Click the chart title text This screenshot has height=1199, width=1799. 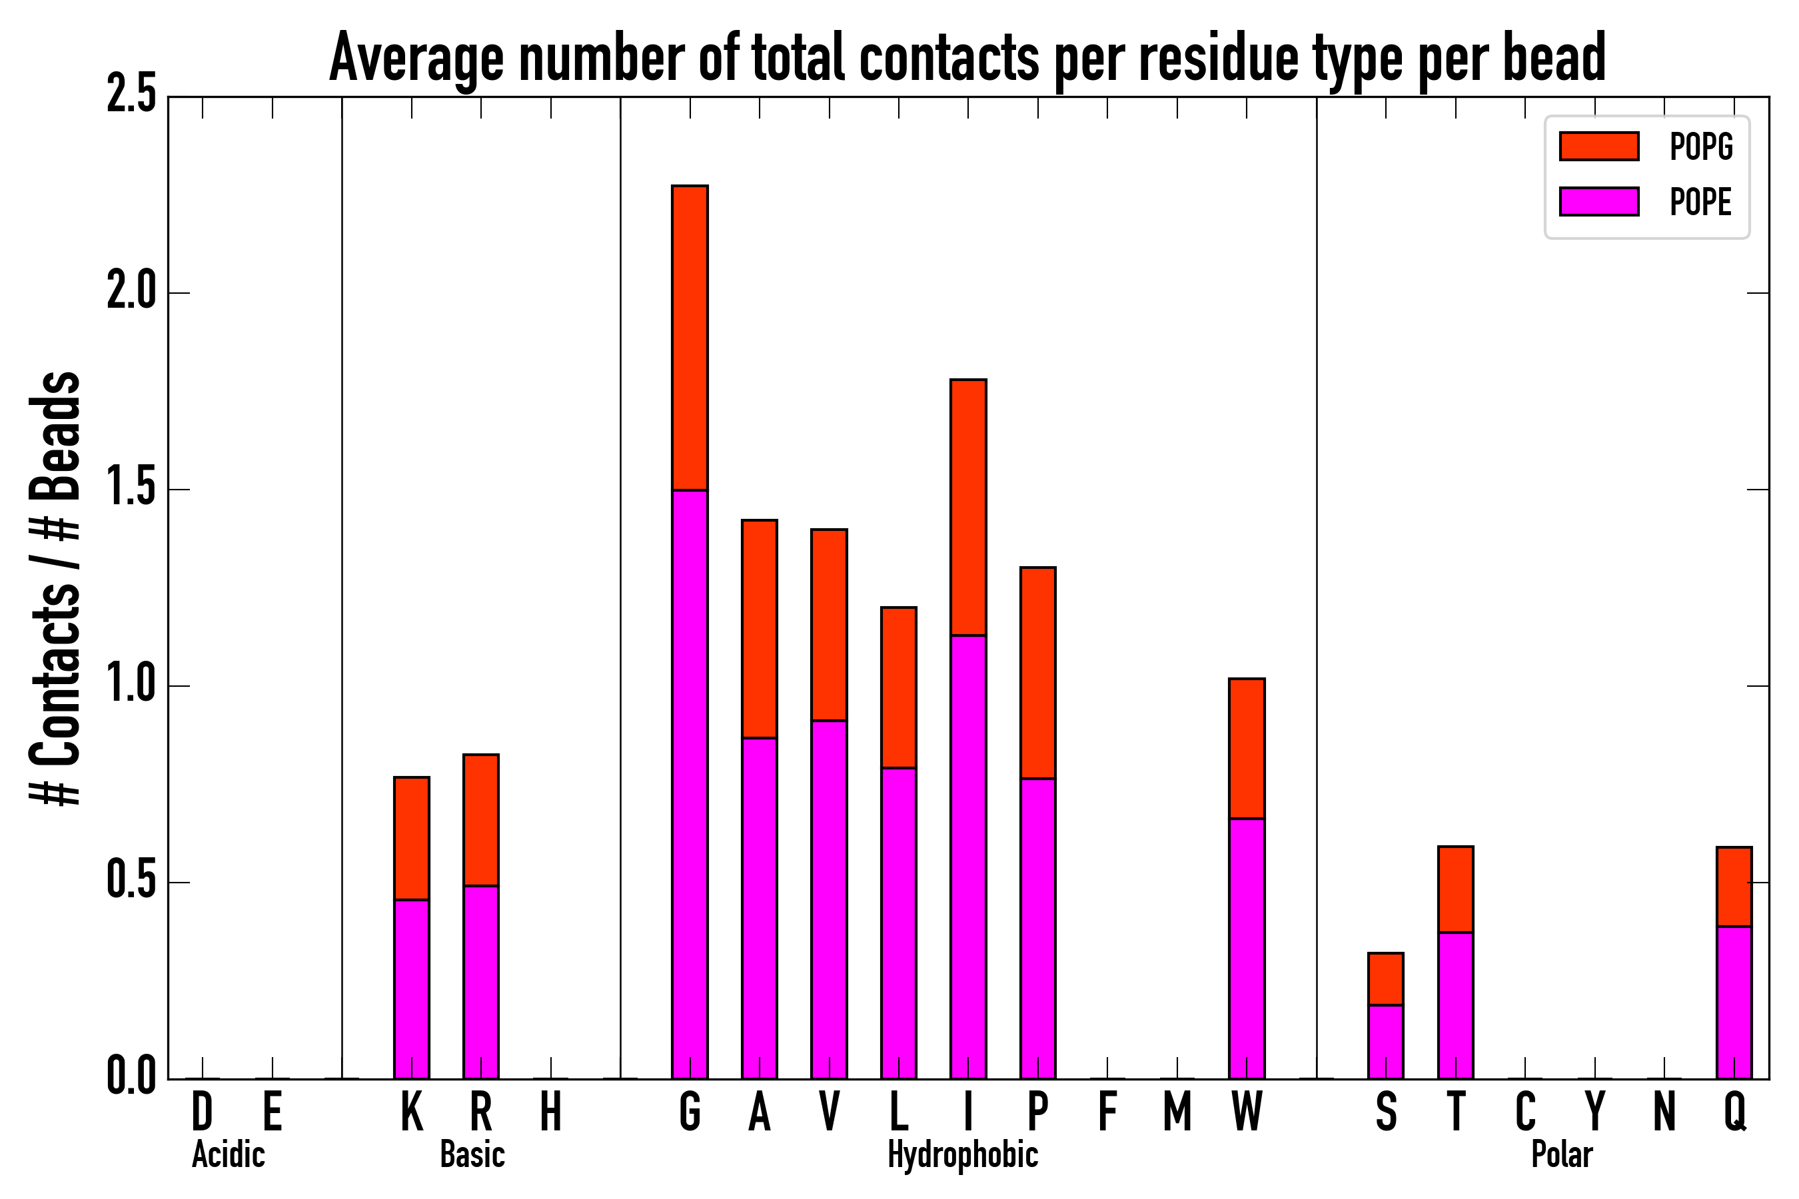pyautogui.click(x=967, y=58)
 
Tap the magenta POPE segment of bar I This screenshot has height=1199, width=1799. pyautogui.click(x=968, y=857)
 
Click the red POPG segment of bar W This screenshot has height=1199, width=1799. pyautogui.click(x=1247, y=749)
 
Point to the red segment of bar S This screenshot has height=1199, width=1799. pyautogui.click(x=1386, y=979)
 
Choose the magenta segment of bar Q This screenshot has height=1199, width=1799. pyautogui.click(x=1734, y=1002)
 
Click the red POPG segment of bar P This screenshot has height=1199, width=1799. pyautogui.click(x=1038, y=673)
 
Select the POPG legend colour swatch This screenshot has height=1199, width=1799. pyautogui.click(x=1599, y=146)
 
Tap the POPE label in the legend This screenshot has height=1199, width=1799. pyautogui.click(x=1701, y=202)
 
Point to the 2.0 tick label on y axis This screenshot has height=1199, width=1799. pyautogui.click(x=131, y=293)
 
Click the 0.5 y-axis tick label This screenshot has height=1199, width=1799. pyautogui.click(x=131, y=883)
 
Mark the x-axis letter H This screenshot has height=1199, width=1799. pyautogui.click(x=551, y=1112)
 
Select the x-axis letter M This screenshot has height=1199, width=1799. pyautogui.click(x=1177, y=1112)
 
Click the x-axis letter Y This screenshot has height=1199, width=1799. pyautogui.click(x=1594, y=1112)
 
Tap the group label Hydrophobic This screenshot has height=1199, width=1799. pyautogui.click(x=963, y=1154)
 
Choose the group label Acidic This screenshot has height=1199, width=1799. pyautogui.click(x=229, y=1154)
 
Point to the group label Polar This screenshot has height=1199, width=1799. pyautogui.click(x=1562, y=1154)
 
